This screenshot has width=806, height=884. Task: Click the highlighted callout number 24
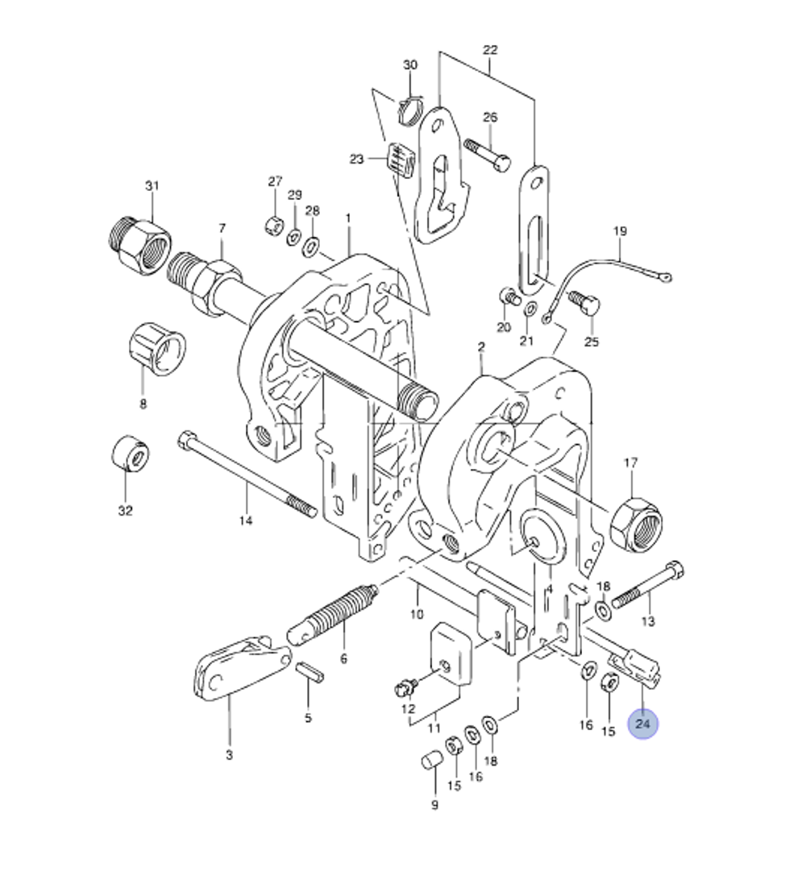642,724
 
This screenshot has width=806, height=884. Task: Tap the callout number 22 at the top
490,50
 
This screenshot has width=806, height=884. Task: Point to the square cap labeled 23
401,160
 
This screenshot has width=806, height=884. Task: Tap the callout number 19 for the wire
619,231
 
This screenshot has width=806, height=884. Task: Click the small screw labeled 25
586,305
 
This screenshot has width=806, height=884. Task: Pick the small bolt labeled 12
405,687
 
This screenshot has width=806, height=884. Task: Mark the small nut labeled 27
273,224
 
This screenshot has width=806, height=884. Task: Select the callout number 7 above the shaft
222,229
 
